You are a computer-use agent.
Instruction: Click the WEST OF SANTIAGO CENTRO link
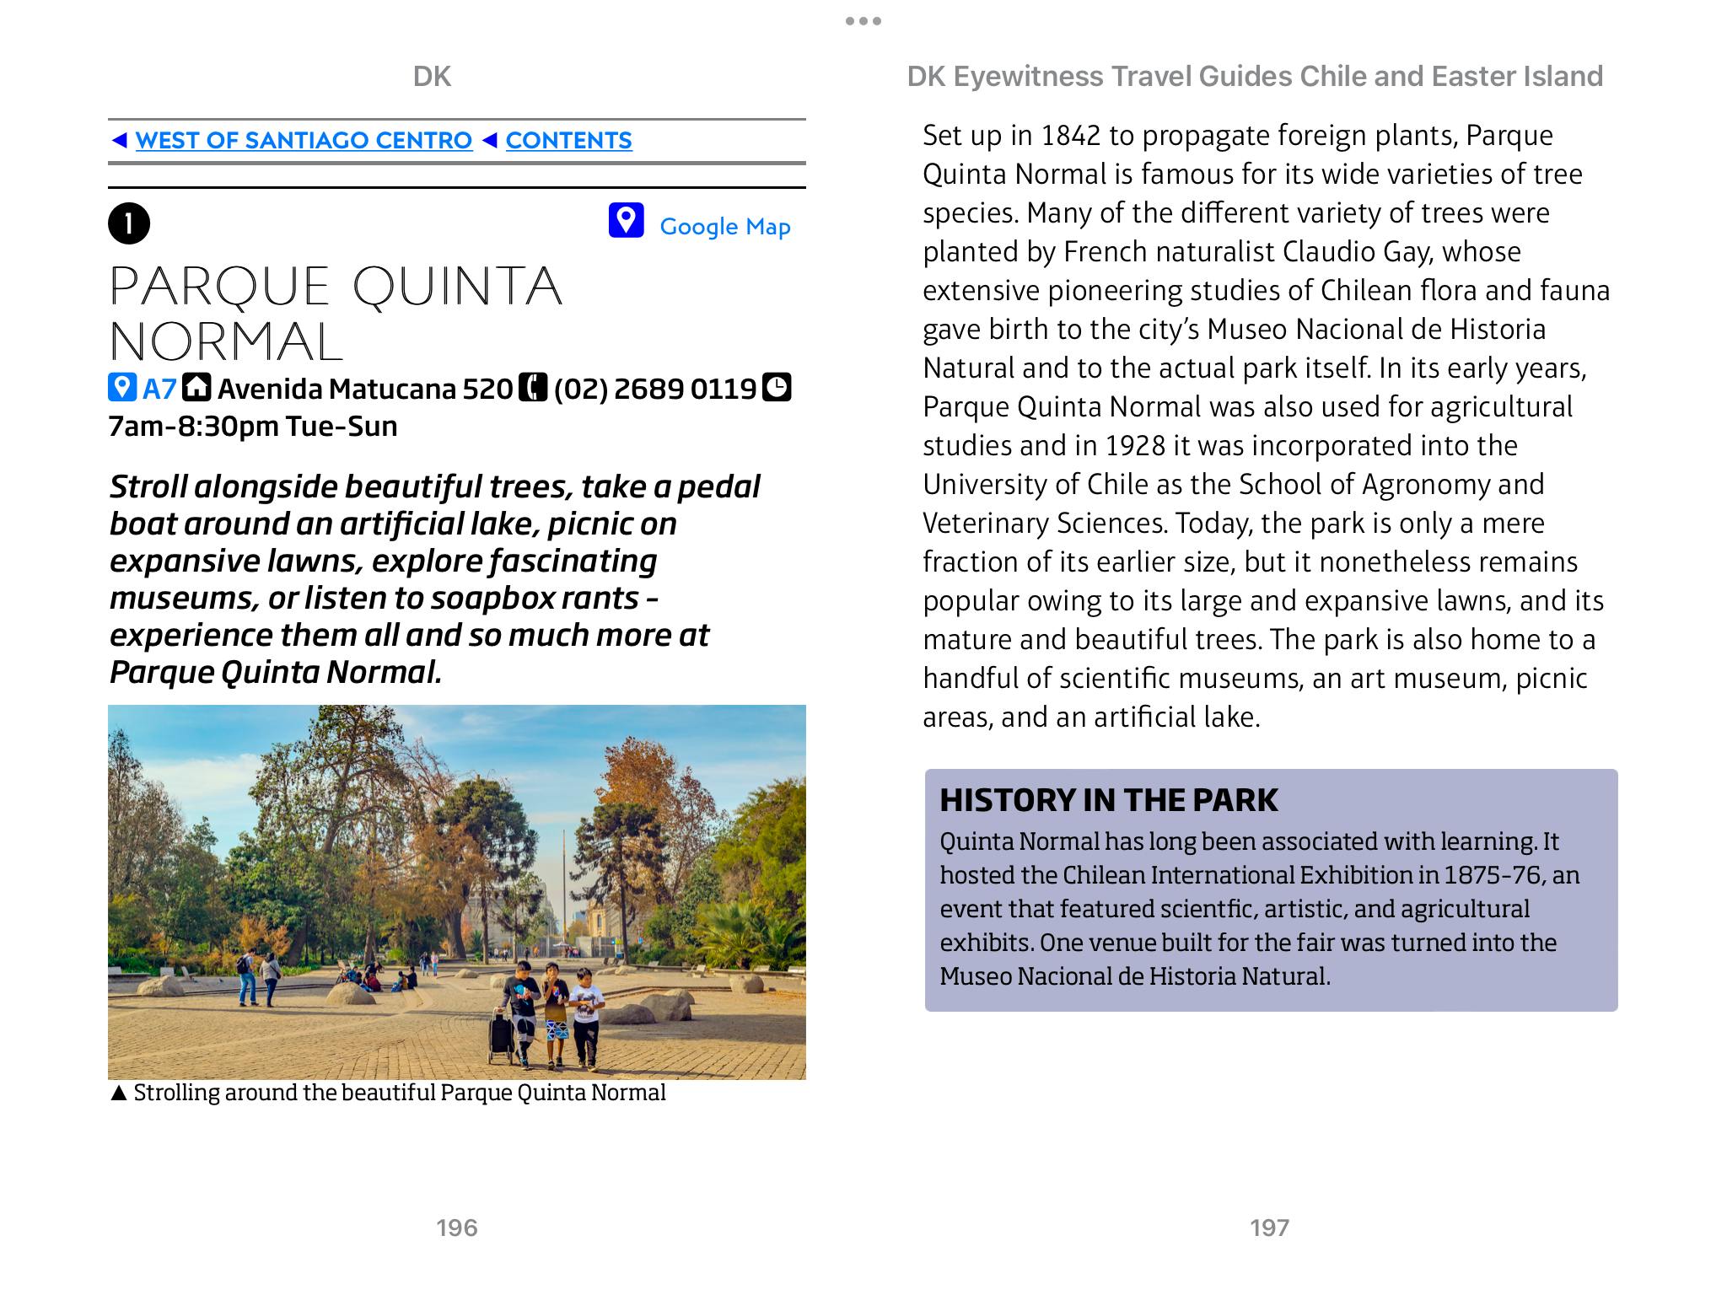pyautogui.click(x=304, y=140)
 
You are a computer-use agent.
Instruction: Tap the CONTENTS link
pyautogui.click(x=568, y=140)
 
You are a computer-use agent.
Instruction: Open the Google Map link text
pyautogui.click(x=724, y=226)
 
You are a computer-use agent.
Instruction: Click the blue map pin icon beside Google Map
pyautogui.click(x=626, y=221)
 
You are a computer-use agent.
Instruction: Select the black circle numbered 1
pyautogui.click(x=129, y=223)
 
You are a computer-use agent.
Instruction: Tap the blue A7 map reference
pyautogui.click(x=159, y=389)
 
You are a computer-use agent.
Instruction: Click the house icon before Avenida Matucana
pyautogui.click(x=197, y=387)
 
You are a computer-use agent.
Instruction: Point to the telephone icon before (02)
pyautogui.click(x=533, y=387)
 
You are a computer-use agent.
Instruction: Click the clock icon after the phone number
pyautogui.click(x=777, y=387)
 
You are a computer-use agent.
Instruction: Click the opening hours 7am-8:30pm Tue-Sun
pyautogui.click(x=253, y=427)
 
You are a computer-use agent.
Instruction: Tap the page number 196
pyautogui.click(x=456, y=1228)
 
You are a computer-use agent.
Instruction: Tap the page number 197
pyautogui.click(x=1269, y=1228)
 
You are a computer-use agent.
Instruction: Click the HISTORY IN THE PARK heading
pyautogui.click(x=1109, y=800)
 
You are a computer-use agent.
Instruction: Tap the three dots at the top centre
pyautogui.click(x=863, y=21)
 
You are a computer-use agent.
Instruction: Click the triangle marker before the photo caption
pyautogui.click(x=119, y=1093)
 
